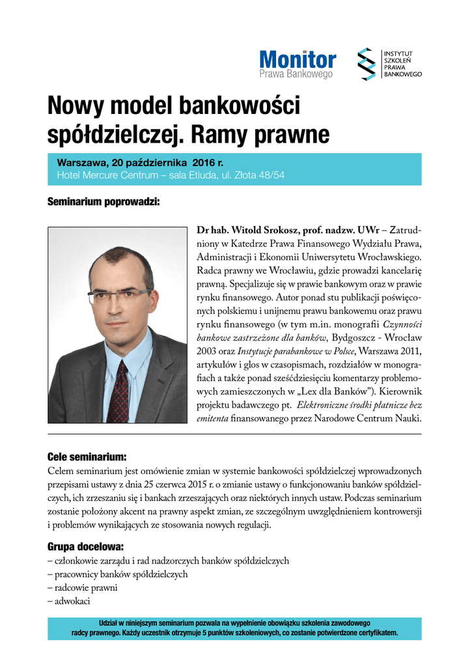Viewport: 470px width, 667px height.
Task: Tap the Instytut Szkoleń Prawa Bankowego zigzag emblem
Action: pyautogui.click(x=368, y=64)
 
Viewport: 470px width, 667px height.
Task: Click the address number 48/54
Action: pyautogui.click(x=271, y=175)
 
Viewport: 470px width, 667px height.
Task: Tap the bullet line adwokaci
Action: pyautogui.click(x=68, y=602)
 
